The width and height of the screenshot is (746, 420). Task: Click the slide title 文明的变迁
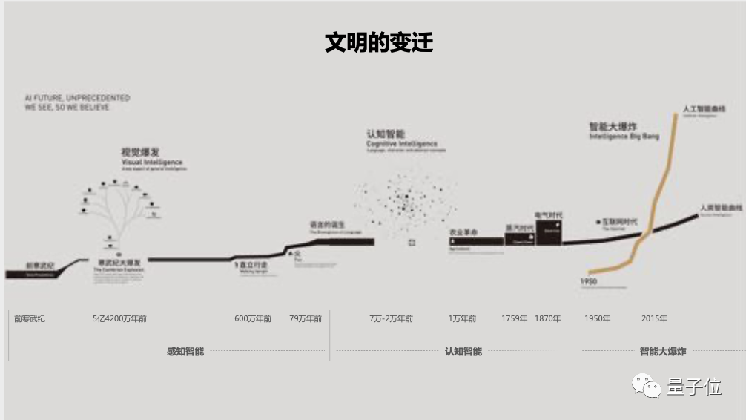pyautogui.click(x=378, y=42)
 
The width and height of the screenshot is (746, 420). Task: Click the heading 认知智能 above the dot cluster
pyautogui.click(x=386, y=134)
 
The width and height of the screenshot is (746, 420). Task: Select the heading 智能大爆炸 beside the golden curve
pyautogui.click(x=613, y=127)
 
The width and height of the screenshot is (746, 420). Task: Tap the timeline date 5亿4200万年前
pyautogui.click(x=119, y=318)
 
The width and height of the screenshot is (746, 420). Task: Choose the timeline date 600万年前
pyautogui.click(x=253, y=318)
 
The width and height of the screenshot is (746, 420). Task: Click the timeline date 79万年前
pyautogui.click(x=306, y=318)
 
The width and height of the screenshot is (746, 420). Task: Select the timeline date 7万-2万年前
pyautogui.click(x=391, y=318)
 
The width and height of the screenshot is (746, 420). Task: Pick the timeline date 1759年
pyautogui.click(x=514, y=318)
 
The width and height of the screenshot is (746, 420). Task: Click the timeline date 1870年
pyautogui.click(x=547, y=318)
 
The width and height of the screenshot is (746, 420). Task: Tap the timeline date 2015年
pyautogui.click(x=654, y=318)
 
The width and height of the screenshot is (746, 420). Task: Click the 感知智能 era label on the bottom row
pyautogui.click(x=185, y=351)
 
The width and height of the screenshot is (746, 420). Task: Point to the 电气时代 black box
pyautogui.click(x=549, y=229)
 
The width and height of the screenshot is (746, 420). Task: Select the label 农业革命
pyautogui.click(x=463, y=233)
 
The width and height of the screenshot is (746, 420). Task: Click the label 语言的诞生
pyautogui.click(x=327, y=224)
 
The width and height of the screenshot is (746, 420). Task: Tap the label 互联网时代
pyautogui.click(x=618, y=222)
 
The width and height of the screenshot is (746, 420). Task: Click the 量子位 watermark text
pyautogui.click(x=694, y=387)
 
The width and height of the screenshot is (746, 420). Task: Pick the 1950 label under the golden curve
pyautogui.click(x=590, y=282)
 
